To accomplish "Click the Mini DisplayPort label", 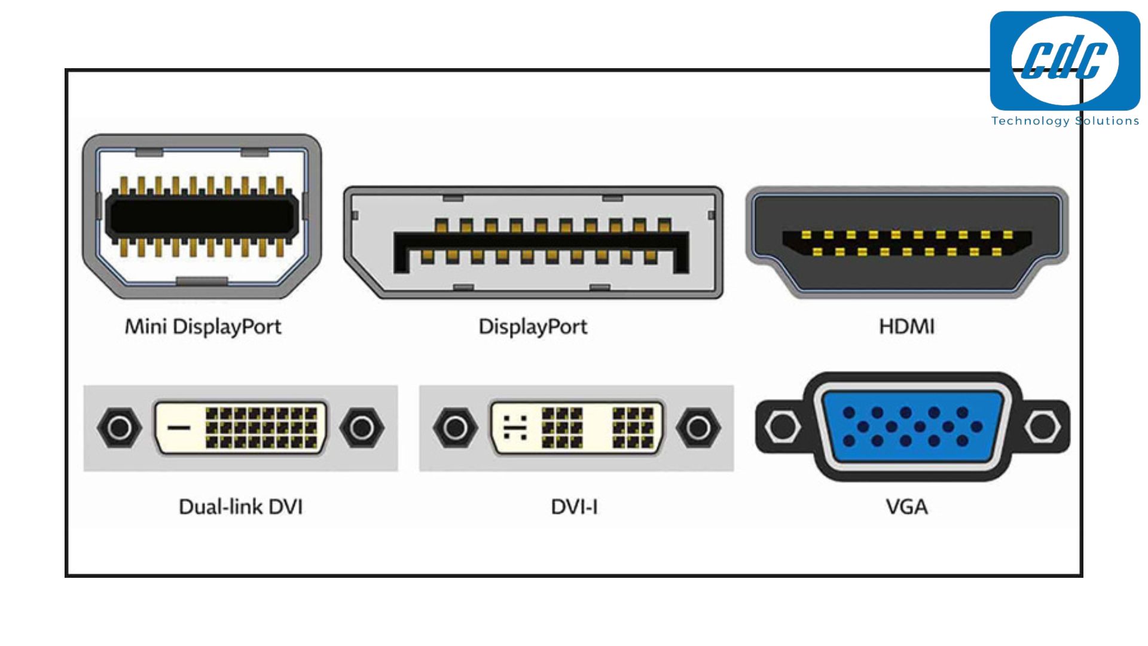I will pyautogui.click(x=203, y=327).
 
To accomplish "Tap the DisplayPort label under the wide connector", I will pyautogui.click(x=533, y=327).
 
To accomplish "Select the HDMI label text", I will pyautogui.click(x=906, y=327).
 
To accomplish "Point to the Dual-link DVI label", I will pyautogui.click(x=240, y=507).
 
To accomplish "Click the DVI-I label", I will pyautogui.click(x=574, y=507).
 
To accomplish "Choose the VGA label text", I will pyautogui.click(x=906, y=507).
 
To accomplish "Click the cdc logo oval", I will pyautogui.click(x=1065, y=60).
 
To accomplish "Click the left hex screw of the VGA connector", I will pyautogui.click(x=783, y=427).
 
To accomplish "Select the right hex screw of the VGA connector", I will pyautogui.click(x=1042, y=427).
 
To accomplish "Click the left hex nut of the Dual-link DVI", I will pyautogui.click(x=119, y=428).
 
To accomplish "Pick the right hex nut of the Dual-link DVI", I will pyautogui.click(x=362, y=428).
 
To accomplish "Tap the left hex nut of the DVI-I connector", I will pyautogui.click(x=455, y=428).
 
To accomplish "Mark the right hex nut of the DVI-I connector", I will pyautogui.click(x=698, y=428).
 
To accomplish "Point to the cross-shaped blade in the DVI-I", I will pyautogui.click(x=515, y=428).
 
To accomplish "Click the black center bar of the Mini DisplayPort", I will pyautogui.click(x=202, y=216).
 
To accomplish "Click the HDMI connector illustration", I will pyautogui.click(x=906, y=242).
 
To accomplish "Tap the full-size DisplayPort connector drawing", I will pyautogui.click(x=533, y=242).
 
